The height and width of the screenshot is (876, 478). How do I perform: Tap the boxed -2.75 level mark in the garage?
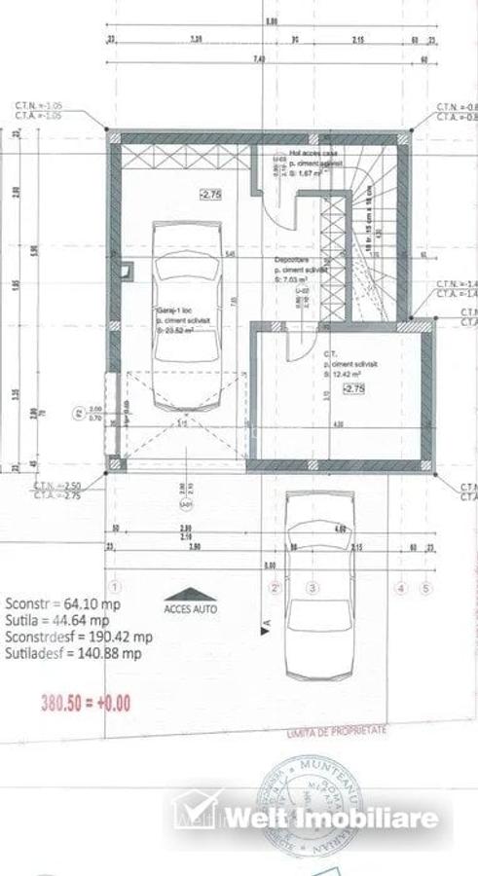(211, 194)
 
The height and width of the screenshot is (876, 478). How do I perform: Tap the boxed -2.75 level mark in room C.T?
(353, 388)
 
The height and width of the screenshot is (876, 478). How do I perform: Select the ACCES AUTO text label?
(191, 609)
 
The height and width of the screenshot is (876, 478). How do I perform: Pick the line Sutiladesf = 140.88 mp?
(73, 654)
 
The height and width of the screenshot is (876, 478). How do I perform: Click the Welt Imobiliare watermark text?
(331, 817)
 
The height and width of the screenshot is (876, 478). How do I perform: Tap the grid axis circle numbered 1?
(115, 588)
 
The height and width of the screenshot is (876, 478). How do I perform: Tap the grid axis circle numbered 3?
(313, 588)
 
